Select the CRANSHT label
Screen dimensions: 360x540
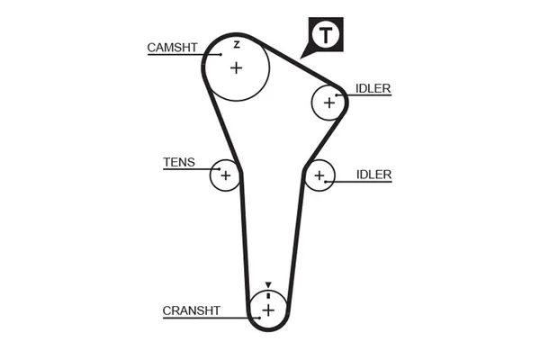click(x=191, y=310)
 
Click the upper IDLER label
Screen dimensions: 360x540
click(x=373, y=88)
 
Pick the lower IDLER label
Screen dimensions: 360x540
click(x=373, y=174)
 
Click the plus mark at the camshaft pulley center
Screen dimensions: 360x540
click(x=236, y=67)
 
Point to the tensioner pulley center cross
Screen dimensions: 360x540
click(x=225, y=175)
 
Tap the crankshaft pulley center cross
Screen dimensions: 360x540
click(x=267, y=310)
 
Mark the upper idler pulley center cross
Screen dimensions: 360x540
click(x=328, y=103)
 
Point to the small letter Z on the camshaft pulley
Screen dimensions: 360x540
click(x=236, y=43)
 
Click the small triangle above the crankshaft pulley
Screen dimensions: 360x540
click(x=267, y=284)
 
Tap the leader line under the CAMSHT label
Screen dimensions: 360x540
click(x=180, y=55)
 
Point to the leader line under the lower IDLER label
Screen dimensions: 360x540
click(x=364, y=182)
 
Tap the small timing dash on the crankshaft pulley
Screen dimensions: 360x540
click(x=267, y=294)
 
